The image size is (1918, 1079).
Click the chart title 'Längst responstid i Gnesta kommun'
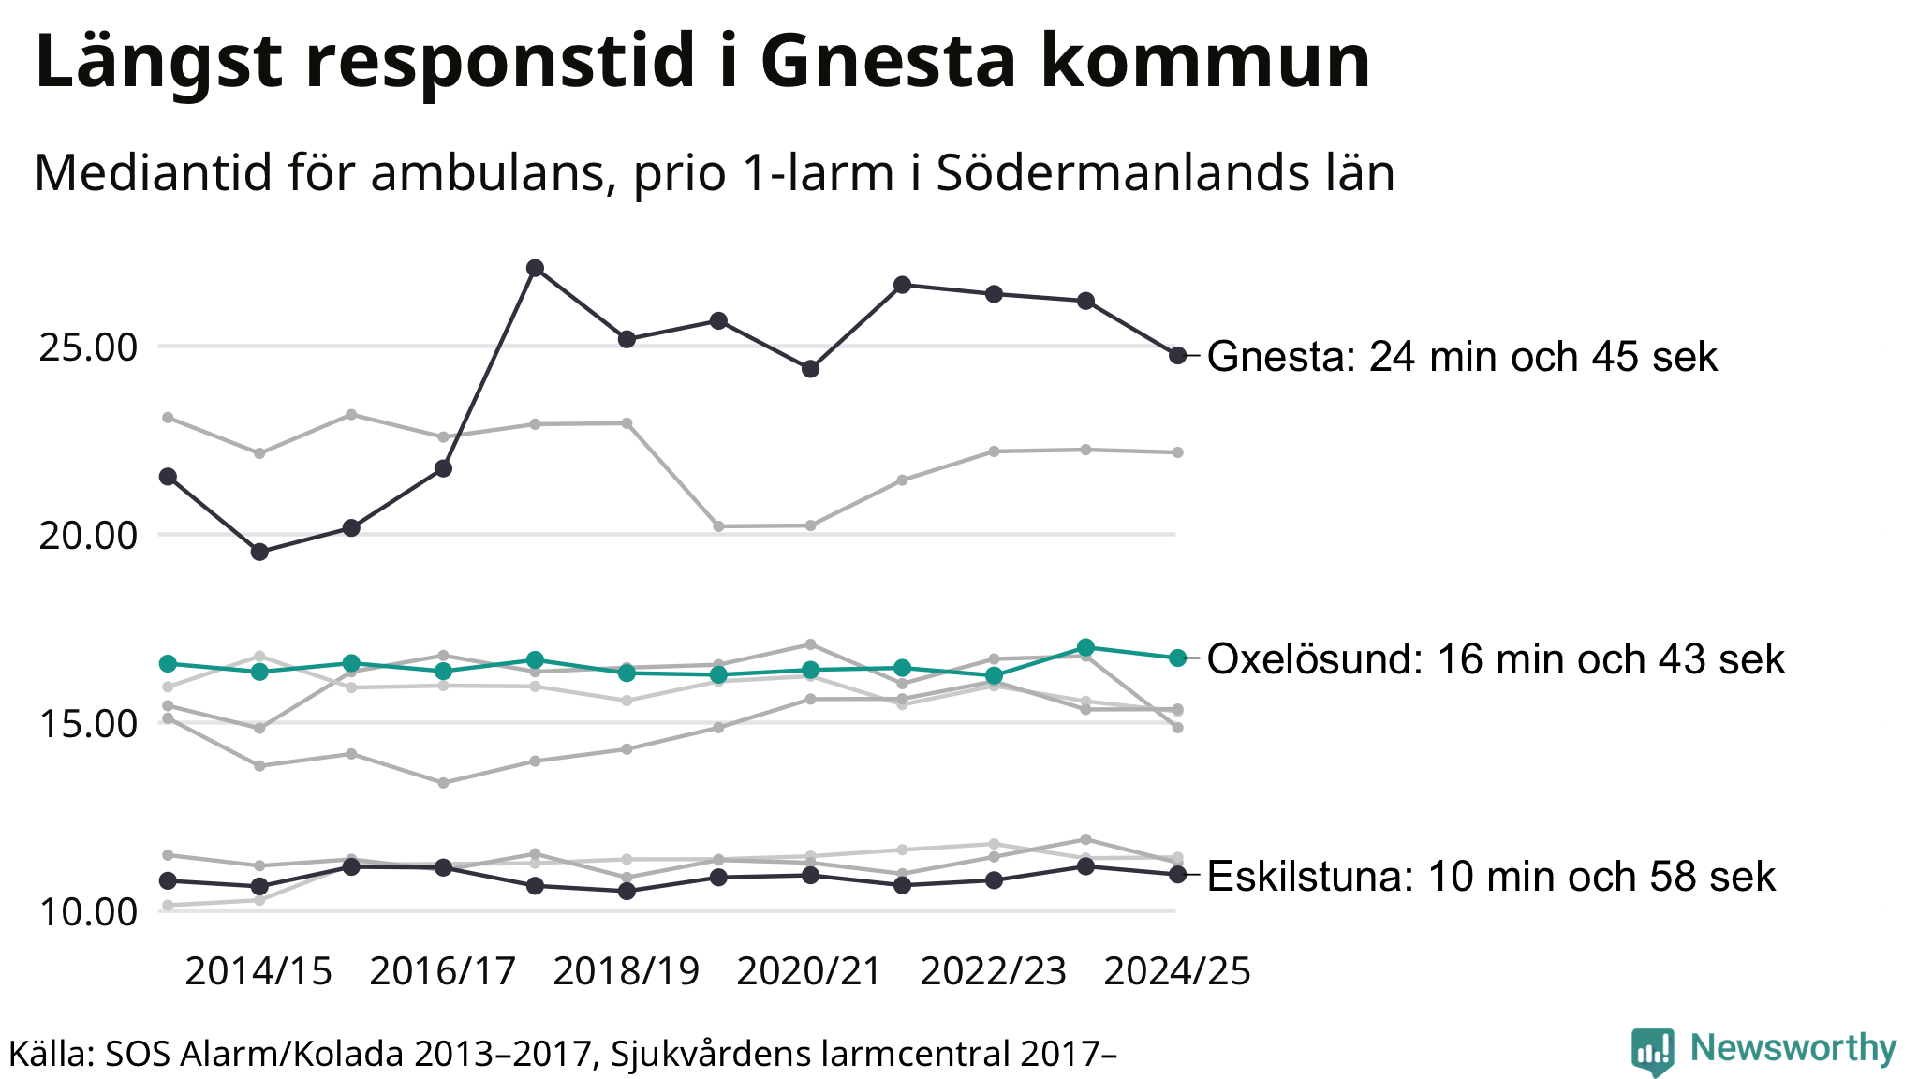702,62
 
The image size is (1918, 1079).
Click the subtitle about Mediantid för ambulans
714,172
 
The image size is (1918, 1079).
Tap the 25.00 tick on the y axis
88,347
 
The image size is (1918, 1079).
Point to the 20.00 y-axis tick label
88,536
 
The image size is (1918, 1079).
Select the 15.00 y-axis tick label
88,724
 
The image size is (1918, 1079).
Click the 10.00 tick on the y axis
88,912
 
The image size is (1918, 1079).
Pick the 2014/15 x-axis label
258,971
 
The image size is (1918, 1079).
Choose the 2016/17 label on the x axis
443,971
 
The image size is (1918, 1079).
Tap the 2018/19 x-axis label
627,971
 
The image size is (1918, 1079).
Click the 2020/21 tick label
810,971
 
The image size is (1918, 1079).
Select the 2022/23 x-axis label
994,971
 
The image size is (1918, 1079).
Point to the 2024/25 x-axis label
1177,971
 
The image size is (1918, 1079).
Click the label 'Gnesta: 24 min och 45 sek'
1462,357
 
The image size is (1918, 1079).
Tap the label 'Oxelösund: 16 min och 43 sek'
1496,659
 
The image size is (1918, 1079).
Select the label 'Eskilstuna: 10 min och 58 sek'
1491,877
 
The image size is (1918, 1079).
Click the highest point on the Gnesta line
535,268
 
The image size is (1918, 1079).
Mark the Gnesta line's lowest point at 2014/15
259,552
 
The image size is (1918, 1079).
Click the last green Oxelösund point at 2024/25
1178,658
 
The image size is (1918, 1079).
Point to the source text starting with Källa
562,1054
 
